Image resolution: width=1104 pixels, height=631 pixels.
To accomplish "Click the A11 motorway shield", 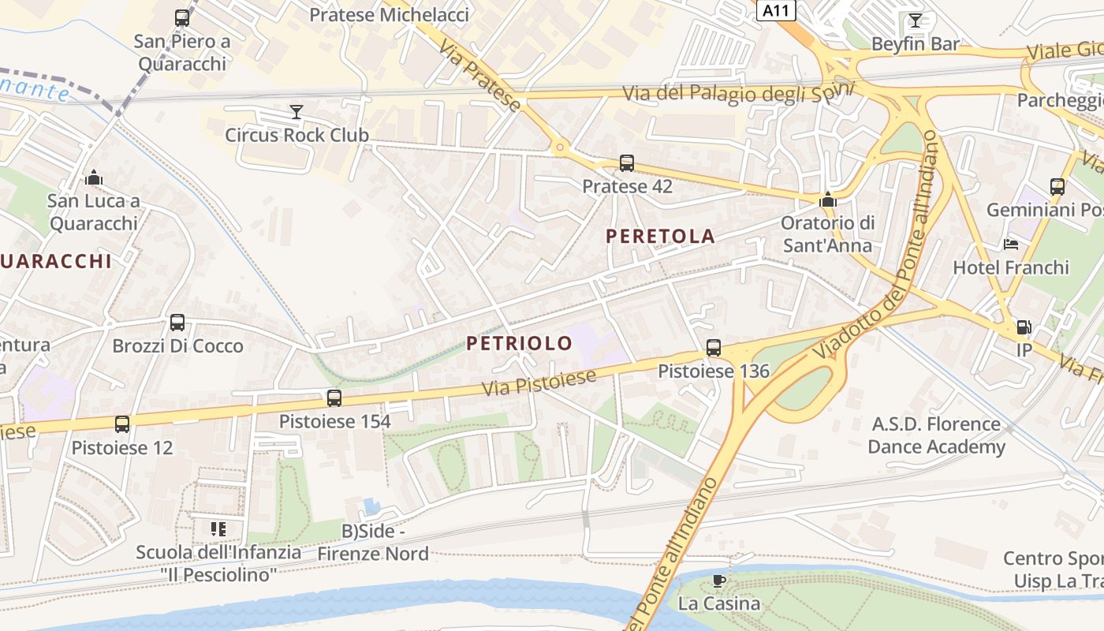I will click(777, 10).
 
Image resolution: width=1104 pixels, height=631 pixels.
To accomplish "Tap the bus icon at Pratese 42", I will click(627, 163).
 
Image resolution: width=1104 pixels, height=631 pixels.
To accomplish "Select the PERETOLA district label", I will click(661, 236).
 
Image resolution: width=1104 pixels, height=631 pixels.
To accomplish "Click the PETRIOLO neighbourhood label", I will click(519, 343).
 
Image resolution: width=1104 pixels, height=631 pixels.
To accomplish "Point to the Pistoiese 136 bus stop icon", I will click(714, 347).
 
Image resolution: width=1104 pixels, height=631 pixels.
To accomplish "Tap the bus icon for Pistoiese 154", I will click(334, 398).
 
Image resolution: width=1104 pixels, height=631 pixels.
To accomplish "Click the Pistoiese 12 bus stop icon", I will click(122, 424).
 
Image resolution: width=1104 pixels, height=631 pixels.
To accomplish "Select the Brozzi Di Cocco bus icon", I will click(177, 323).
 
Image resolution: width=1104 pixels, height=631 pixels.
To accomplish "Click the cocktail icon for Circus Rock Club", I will click(296, 112).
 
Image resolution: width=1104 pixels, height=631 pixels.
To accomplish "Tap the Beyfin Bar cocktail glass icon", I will click(915, 21).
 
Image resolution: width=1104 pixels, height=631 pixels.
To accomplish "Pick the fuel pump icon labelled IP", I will click(1024, 327).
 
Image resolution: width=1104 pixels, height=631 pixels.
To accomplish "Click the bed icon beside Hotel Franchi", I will click(1011, 245).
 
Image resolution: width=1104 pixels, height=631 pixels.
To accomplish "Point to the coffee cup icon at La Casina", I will click(718, 581).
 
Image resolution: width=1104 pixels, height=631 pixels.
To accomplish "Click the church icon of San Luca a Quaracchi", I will click(94, 177).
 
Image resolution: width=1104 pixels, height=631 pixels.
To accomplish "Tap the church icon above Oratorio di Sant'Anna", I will click(827, 200).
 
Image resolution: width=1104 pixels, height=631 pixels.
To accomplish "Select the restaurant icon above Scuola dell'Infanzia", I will click(218, 528).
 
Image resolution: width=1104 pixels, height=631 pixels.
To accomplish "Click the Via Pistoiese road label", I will click(539, 383).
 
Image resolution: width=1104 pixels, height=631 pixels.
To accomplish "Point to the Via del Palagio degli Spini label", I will click(738, 93).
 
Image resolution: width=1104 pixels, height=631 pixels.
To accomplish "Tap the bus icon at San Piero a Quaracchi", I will click(182, 17).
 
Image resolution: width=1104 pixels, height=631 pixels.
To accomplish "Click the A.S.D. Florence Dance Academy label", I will click(936, 435).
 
